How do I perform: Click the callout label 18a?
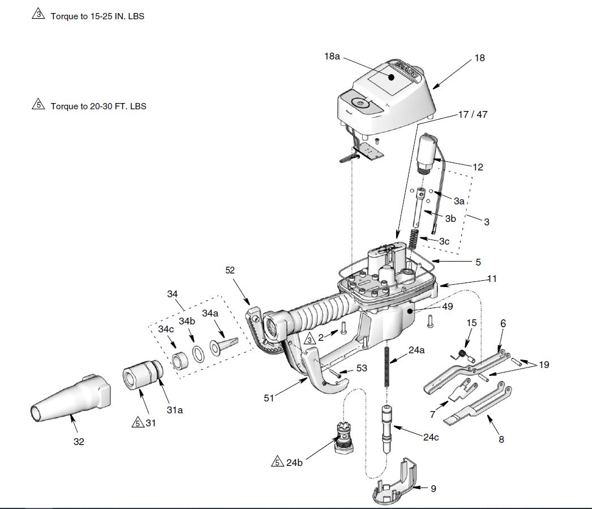(x=332, y=56)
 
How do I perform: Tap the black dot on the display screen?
(x=392, y=77)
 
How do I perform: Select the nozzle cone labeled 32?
(x=70, y=398)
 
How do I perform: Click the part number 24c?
(x=431, y=437)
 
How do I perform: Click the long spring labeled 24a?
(x=387, y=367)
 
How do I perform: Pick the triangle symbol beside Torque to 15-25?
(x=38, y=15)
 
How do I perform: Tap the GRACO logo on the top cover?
(x=406, y=69)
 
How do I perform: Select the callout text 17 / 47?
(x=473, y=114)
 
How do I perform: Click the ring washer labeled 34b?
(x=199, y=354)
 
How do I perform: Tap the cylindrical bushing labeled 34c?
(x=180, y=361)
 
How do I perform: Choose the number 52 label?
(x=230, y=271)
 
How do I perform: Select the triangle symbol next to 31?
(x=138, y=422)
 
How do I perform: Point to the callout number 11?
(x=492, y=279)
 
